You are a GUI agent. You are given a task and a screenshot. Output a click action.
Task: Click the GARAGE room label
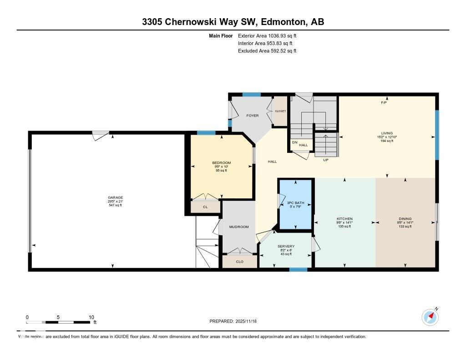115,198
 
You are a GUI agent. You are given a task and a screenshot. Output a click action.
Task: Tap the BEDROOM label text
222,163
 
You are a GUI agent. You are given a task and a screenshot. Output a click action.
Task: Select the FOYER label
252,116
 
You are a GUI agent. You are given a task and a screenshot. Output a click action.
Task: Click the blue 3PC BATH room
296,205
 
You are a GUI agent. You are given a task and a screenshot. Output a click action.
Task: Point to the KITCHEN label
344,219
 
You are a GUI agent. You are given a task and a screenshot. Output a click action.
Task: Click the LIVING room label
387,133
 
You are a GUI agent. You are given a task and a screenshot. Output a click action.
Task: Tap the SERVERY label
286,247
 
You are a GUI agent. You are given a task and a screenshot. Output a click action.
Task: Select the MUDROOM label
239,227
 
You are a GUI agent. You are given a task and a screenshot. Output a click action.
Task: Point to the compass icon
430,317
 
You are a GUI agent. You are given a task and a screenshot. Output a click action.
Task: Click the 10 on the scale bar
91,317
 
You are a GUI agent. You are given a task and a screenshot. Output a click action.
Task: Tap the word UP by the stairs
325,160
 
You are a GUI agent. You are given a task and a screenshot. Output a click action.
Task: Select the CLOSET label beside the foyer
280,111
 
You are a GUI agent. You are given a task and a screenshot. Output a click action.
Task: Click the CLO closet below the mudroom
239,262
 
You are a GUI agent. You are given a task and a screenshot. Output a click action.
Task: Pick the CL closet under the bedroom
205,207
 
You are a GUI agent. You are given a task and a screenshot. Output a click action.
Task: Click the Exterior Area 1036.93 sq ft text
267,35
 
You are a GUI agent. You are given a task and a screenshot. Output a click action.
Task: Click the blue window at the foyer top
251,95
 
